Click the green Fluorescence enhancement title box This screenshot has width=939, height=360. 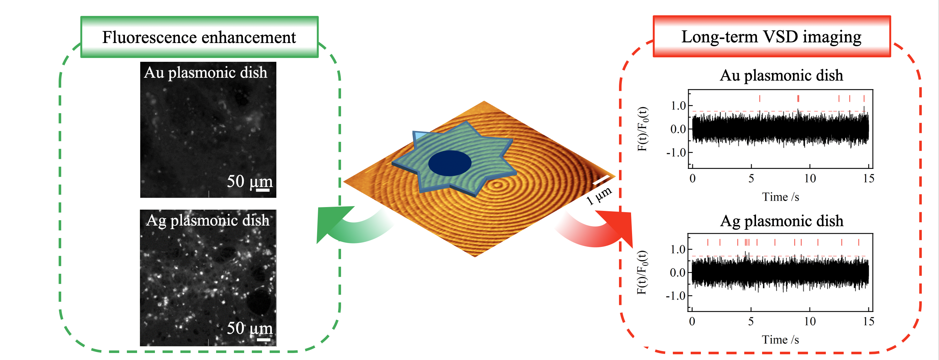point(199,37)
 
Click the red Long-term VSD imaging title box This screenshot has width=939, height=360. point(771,36)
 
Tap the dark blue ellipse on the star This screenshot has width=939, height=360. point(449,163)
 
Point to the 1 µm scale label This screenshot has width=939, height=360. point(599,196)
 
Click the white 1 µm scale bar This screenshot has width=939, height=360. point(601,180)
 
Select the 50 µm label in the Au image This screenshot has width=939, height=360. point(249,182)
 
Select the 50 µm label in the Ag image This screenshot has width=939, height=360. point(249,328)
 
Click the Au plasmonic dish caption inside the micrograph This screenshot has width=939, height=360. point(206,73)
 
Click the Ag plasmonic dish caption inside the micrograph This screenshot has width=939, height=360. point(208,220)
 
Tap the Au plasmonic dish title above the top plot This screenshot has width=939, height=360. point(781,76)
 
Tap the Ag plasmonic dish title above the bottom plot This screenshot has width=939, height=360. point(782,221)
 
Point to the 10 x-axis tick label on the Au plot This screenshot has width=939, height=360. point(810,178)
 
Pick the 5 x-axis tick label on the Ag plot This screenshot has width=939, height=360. point(751,321)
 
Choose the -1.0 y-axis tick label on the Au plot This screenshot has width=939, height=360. point(676,152)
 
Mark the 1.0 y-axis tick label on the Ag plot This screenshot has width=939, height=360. point(678,249)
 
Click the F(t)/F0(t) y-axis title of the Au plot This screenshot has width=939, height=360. point(643,129)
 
